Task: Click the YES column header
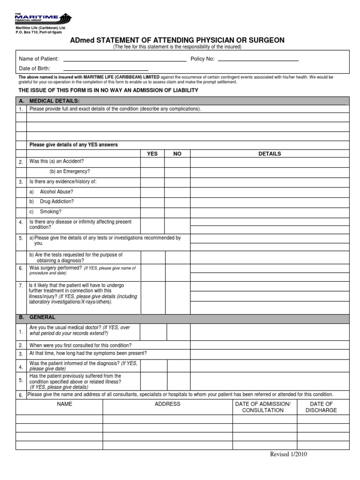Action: [152, 154]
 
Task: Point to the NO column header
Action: [177, 154]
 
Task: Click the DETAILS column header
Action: [270, 154]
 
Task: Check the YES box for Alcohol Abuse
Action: [152, 192]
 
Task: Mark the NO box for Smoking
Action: [177, 211]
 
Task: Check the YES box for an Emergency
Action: [152, 172]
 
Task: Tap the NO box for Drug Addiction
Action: [177, 202]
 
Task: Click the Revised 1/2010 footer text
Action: [289, 454]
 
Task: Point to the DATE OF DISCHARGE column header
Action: [321, 407]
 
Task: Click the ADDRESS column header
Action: [167, 404]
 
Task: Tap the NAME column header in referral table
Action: [65, 404]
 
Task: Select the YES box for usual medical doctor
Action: [153, 331]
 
